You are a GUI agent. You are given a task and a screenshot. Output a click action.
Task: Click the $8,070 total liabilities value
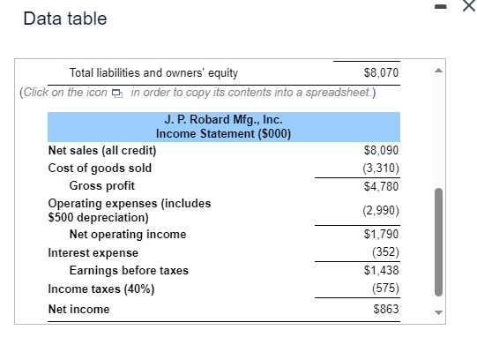click(381, 73)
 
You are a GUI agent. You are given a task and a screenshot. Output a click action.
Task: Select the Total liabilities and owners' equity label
click(153, 73)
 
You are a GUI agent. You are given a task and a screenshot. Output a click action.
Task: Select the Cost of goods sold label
click(100, 168)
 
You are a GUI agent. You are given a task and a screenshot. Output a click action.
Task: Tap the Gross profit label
click(102, 185)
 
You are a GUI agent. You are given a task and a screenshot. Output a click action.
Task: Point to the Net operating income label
click(128, 235)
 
